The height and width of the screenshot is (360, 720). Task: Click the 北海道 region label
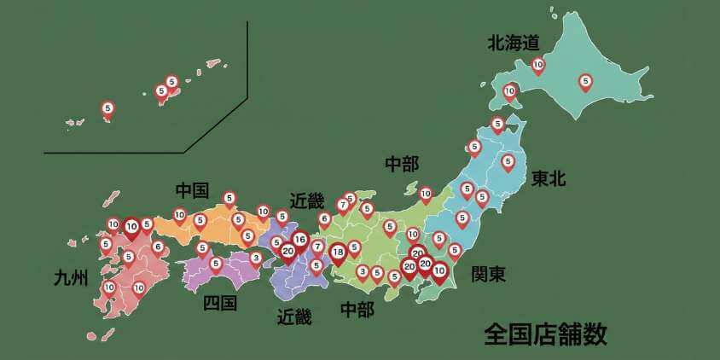point(514,41)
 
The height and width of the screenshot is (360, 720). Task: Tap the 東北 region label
point(549,179)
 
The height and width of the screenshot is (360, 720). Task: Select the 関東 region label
point(489,275)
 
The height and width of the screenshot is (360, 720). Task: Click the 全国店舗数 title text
point(545,334)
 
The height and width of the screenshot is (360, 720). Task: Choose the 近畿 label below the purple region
point(294,317)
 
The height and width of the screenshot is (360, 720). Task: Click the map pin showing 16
point(299,240)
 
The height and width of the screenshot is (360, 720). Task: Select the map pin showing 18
point(339,252)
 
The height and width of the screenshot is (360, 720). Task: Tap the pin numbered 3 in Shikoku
point(255,257)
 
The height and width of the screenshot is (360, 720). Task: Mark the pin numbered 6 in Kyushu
point(158,247)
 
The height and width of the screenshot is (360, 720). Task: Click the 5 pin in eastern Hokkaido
point(585,82)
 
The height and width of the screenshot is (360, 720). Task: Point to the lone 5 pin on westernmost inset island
point(107,108)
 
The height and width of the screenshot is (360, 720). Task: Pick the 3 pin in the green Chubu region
point(363,271)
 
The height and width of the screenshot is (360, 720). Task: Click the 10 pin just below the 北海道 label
point(538,64)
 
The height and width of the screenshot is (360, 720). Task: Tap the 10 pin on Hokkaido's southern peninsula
point(510,90)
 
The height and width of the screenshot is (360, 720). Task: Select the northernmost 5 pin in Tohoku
point(497,124)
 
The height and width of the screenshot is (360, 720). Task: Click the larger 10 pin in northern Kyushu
point(131,227)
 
